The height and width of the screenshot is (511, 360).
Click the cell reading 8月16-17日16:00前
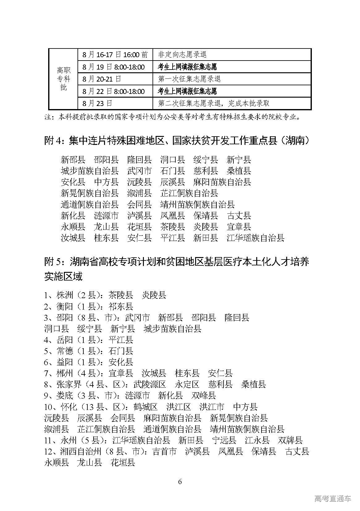(x=115, y=55)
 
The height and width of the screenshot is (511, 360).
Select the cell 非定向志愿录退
(x=182, y=55)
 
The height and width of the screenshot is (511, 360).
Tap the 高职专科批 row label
(x=63, y=79)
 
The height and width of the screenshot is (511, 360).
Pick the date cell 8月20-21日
(x=102, y=79)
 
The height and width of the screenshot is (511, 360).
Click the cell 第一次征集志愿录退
(x=189, y=79)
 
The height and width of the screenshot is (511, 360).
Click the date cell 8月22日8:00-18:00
(x=113, y=91)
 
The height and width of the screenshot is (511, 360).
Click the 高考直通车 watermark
(x=333, y=499)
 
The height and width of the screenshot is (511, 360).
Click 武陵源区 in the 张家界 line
(x=150, y=385)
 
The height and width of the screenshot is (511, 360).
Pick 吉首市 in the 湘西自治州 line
(x=165, y=452)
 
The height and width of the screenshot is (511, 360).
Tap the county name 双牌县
(x=290, y=441)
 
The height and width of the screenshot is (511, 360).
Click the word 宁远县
(x=224, y=441)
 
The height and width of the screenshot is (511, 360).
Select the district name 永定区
(x=187, y=385)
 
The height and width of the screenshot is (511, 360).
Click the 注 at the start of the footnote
(x=47, y=117)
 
